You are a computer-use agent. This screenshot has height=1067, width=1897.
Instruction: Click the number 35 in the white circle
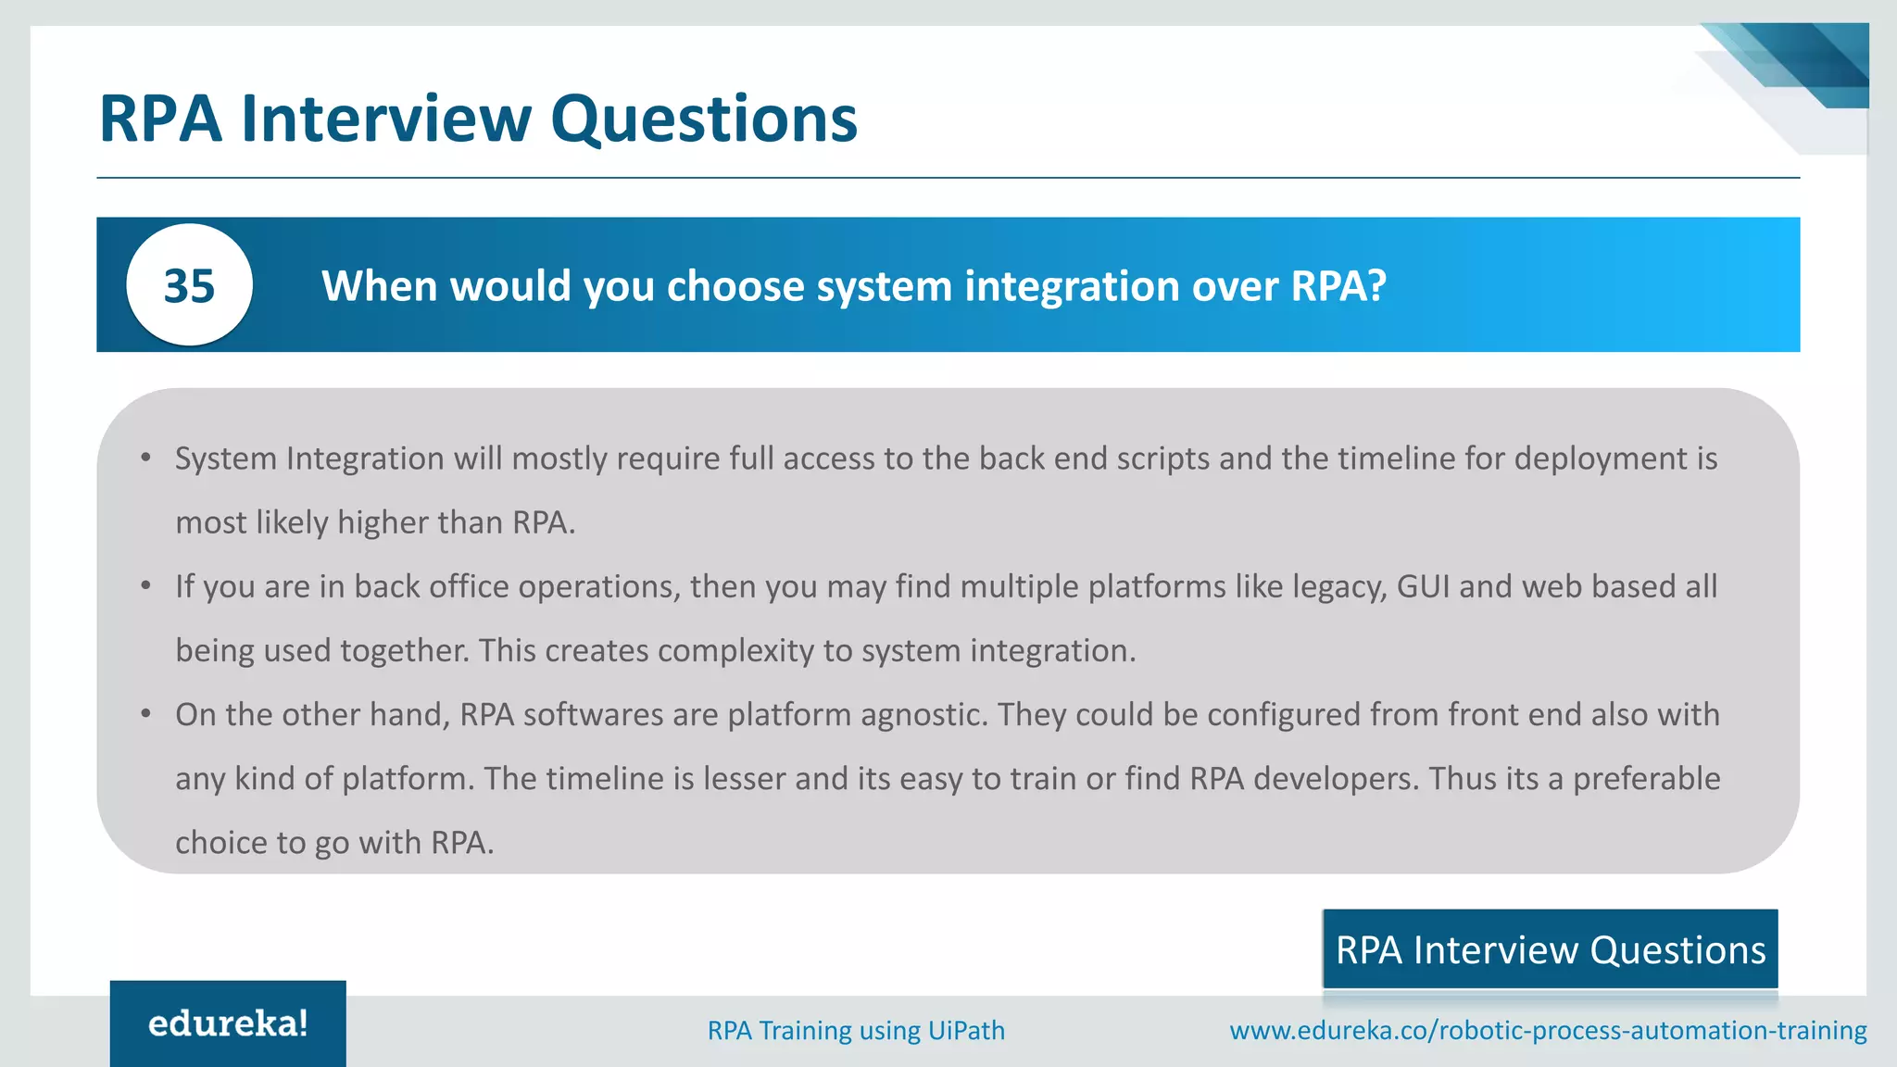click(189, 285)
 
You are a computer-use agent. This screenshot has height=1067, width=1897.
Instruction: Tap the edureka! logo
click(228, 1023)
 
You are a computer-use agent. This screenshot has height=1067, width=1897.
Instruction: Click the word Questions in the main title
click(704, 119)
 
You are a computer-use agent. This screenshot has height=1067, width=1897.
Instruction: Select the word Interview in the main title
click(386, 119)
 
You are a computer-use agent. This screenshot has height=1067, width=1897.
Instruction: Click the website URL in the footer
click(1548, 1030)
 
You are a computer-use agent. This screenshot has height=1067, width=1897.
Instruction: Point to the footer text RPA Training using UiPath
click(856, 1030)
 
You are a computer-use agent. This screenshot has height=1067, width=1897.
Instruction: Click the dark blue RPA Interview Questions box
click(1550, 950)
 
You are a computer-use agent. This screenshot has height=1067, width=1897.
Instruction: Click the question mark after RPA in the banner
click(1376, 285)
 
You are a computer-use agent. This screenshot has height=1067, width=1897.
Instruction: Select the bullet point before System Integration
click(146, 458)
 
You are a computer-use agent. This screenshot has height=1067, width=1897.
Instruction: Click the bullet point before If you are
click(146, 585)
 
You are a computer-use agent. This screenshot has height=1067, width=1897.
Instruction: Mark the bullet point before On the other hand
click(146, 713)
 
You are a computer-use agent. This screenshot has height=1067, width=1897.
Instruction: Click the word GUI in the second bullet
click(1423, 586)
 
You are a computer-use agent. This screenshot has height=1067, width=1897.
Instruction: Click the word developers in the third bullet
click(1335, 779)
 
